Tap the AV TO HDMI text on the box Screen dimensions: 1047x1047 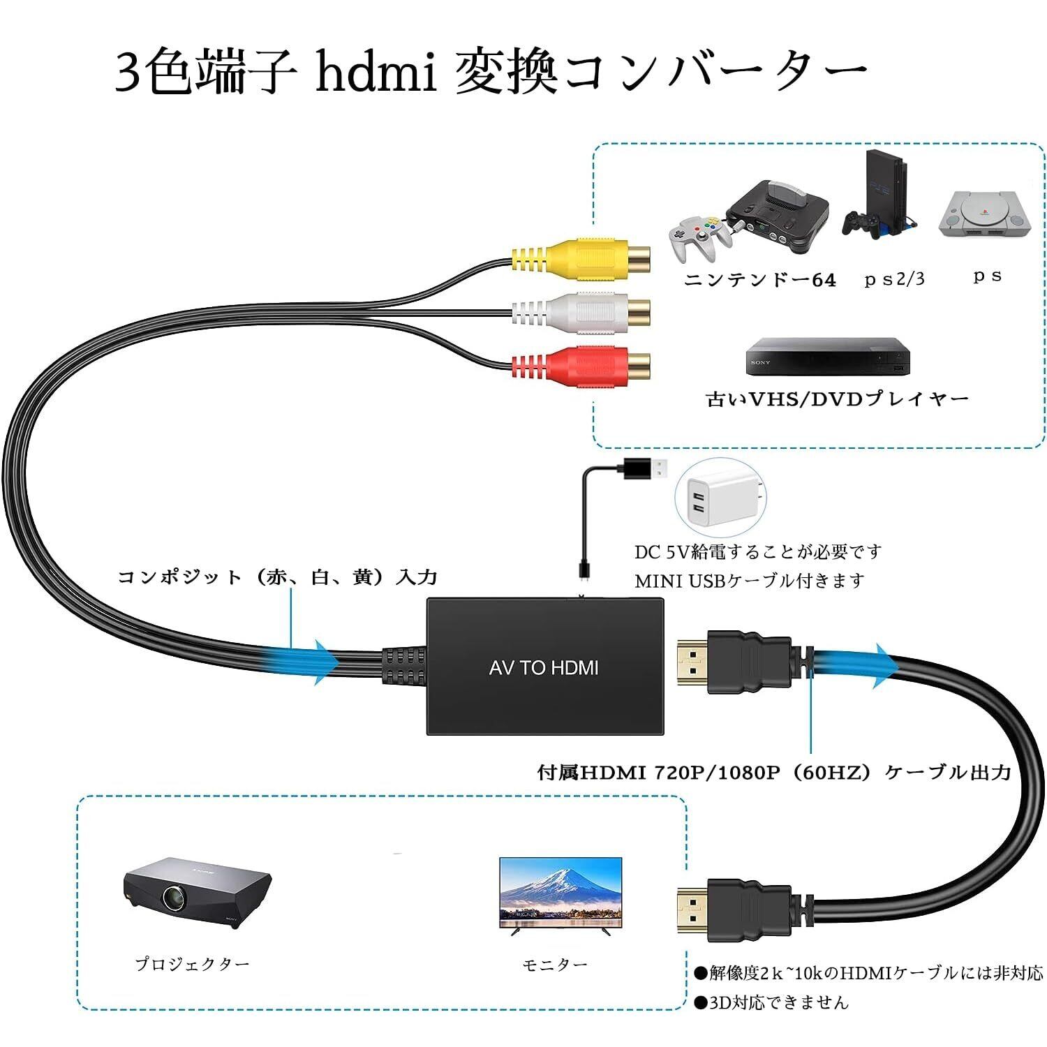[x=544, y=668]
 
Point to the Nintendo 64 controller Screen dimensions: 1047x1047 [x=698, y=234]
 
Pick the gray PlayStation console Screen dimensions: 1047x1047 [x=985, y=212]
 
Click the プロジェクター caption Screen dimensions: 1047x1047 [x=192, y=964]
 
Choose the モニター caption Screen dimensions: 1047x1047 [x=555, y=965]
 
